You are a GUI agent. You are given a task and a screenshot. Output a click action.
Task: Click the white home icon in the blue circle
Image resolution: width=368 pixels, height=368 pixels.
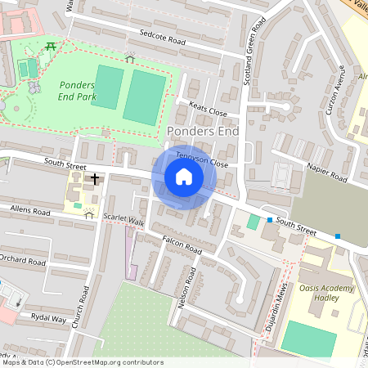[x=184, y=176]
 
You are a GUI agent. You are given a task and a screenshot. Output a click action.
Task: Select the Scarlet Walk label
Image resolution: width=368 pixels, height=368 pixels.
[x=124, y=222]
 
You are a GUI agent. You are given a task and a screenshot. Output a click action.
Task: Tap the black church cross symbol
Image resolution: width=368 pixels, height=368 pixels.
[x=95, y=177]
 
